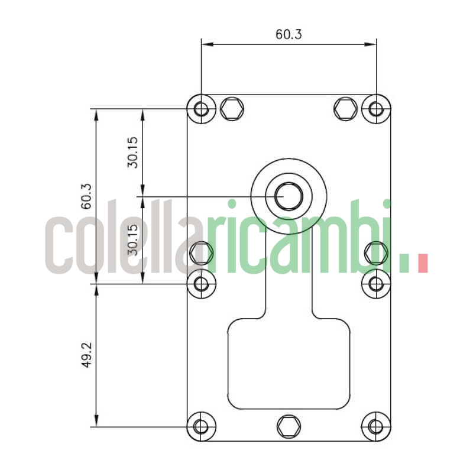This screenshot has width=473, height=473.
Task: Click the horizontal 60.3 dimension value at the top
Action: point(289,34)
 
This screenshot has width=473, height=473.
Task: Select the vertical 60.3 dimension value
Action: point(86,196)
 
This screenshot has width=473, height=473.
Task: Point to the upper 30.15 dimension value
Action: point(133,152)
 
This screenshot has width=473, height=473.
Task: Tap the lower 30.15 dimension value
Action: point(133,239)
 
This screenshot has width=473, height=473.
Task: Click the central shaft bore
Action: point(289,195)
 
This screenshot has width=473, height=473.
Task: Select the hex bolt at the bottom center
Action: point(288,426)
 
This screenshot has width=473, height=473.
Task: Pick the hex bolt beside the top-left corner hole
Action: point(232,108)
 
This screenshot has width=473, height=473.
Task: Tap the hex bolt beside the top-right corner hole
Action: point(345,108)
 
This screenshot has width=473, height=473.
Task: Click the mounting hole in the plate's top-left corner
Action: point(202,109)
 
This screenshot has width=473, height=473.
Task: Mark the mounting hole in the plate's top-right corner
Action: point(376,109)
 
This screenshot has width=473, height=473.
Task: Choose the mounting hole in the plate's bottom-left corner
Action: point(202,426)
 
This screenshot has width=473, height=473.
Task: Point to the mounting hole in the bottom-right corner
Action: point(376,426)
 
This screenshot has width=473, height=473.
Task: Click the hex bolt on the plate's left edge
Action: point(202,253)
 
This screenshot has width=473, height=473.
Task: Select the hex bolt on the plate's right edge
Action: point(376,253)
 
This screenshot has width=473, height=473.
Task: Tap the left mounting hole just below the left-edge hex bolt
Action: point(202,284)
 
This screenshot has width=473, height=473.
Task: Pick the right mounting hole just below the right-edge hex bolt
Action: point(376,284)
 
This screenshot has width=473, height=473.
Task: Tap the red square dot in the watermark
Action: point(422,263)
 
